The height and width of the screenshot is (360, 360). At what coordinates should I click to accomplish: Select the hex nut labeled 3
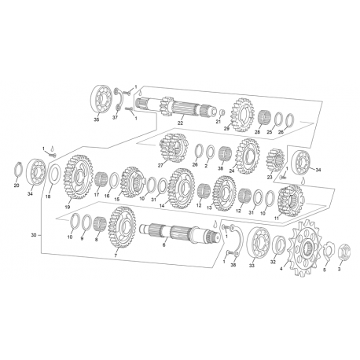[x=344, y=252]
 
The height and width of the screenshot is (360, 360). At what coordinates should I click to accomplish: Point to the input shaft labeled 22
[x=175, y=108]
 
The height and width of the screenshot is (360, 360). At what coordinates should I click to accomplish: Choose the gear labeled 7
[x=122, y=226]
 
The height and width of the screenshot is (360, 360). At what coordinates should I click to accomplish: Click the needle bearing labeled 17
[x=101, y=180]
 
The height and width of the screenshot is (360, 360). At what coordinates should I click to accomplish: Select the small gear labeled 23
[x=275, y=160]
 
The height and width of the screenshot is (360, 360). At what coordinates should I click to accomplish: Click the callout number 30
[x=34, y=235]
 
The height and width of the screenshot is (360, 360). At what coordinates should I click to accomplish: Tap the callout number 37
[x=115, y=118]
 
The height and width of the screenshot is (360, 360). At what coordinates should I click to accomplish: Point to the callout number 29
[x=226, y=128]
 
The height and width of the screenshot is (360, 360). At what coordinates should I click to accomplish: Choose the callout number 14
[x=162, y=206]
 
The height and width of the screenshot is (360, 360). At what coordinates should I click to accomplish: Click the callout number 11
[x=277, y=218]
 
